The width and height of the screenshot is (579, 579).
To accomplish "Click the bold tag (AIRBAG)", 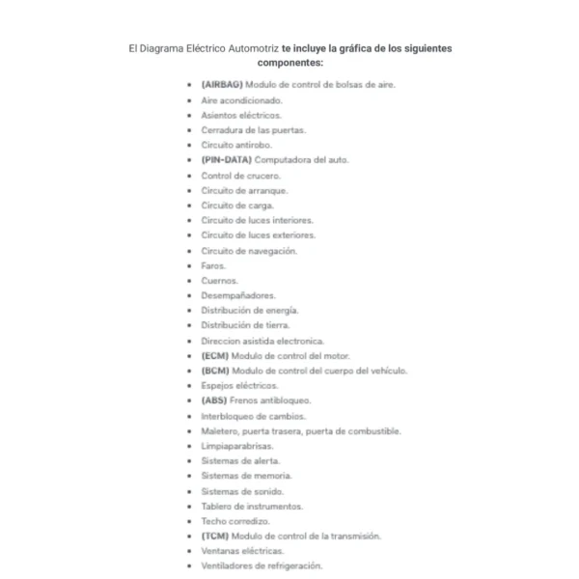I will click(x=222, y=85).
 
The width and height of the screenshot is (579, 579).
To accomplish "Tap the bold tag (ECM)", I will click(x=215, y=355).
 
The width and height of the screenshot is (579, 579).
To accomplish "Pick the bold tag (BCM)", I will click(x=215, y=371).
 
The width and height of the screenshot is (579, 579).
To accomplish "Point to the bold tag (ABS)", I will click(x=214, y=400).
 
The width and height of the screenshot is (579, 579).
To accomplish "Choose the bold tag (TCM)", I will click(x=215, y=536).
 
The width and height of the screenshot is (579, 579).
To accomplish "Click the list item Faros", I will click(x=214, y=265).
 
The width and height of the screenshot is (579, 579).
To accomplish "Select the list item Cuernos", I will click(x=220, y=280).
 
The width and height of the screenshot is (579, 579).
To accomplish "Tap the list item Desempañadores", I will click(x=238, y=295).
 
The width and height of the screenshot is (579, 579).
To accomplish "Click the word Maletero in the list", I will click(x=220, y=431).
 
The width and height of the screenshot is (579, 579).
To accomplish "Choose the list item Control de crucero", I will click(x=241, y=176).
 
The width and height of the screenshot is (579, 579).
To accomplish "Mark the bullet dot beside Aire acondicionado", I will click(x=189, y=100).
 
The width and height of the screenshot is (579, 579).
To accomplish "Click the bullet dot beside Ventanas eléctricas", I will click(x=189, y=551).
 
